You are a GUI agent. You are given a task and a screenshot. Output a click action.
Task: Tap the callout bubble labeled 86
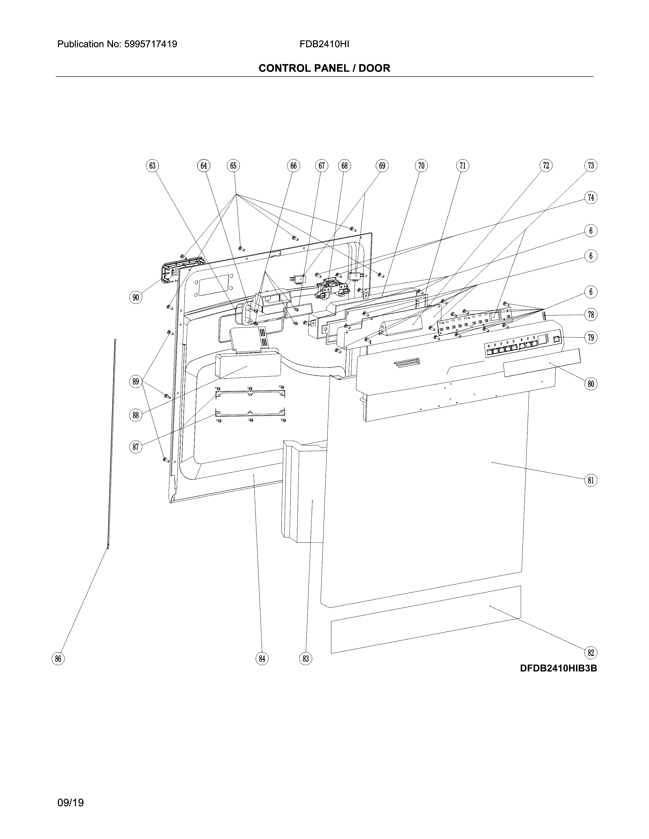tap(58, 659)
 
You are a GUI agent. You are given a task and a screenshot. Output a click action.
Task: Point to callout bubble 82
tap(590, 653)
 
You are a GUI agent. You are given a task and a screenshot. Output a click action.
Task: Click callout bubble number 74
tap(590, 198)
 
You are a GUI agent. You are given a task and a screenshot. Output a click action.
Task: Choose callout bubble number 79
tap(590, 338)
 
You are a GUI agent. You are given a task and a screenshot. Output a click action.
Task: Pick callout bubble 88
tap(136, 415)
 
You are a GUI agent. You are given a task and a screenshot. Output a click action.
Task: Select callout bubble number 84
tap(262, 659)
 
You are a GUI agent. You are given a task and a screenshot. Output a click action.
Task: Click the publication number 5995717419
tap(150, 44)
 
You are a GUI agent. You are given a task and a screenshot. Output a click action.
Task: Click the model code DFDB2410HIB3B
tap(558, 668)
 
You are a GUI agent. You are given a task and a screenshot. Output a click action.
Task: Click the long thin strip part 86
tap(112, 442)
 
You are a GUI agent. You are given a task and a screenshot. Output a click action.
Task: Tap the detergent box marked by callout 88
tap(248, 365)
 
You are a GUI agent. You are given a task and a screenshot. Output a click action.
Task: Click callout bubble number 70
tap(421, 166)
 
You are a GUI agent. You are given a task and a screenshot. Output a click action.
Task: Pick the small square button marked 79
tap(556, 339)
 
